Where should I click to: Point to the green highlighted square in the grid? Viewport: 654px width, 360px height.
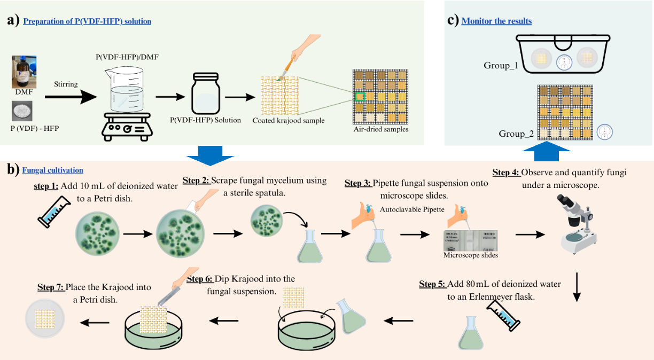[x=360, y=96]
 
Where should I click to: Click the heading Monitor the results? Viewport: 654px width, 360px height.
[x=496, y=21]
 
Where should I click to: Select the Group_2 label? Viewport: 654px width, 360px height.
[x=516, y=134]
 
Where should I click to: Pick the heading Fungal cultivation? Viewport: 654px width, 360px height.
[x=52, y=170]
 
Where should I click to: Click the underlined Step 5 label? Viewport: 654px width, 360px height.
[x=432, y=284]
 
